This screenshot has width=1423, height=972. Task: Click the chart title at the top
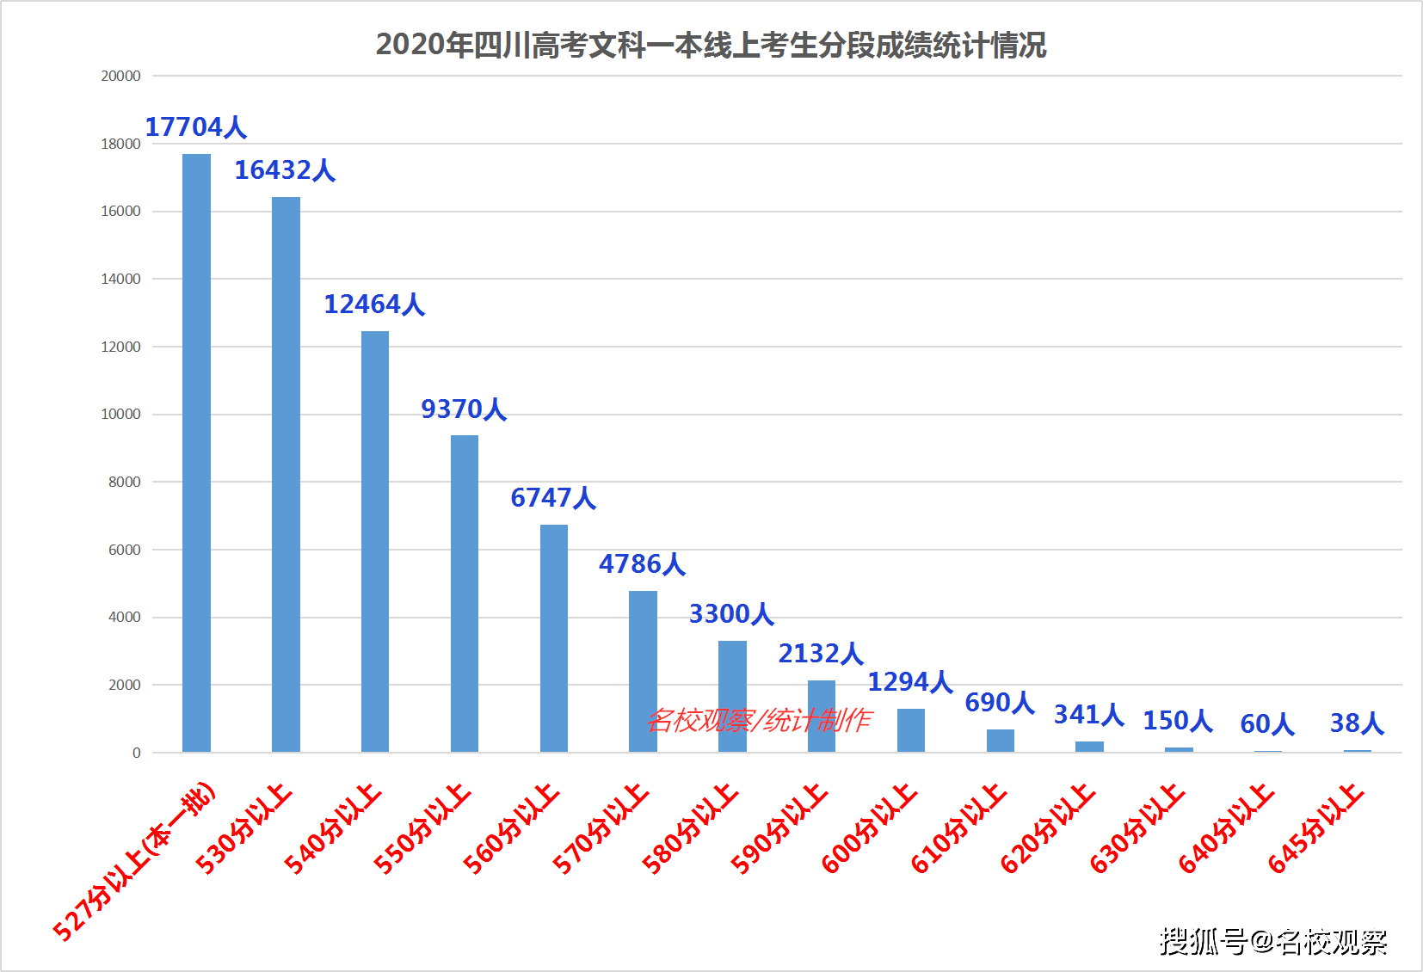pyautogui.click(x=711, y=45)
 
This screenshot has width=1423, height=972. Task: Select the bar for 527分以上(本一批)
pyautogui.click(x=196, y=453)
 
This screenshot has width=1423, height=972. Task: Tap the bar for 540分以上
pyautogui.click(x=375, y=542)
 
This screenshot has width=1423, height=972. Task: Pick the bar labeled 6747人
pyautogui.click(x=554, y=638)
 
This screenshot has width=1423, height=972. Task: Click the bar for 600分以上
pyautogui.click(x=911, y=730)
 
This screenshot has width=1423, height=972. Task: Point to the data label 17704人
pyautogui.click(x=196, y=127)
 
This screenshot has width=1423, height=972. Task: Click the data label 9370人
pyautogui.click(x=464, y=409)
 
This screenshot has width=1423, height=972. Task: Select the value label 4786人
pyautogui.click(x=643, y=564)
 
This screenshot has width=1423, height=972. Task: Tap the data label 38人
pyautogui.click(x=1357, y=723)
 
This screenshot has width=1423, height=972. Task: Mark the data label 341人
pyautogui.click(x=1089, y=715)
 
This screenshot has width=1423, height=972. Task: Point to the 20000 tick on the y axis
pyautogui.click(x=121, y=76)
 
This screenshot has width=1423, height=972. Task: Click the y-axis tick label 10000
pyautogui.click(x=121, y=414)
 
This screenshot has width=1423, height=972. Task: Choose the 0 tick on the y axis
pyautogui.click(x=137, y=753)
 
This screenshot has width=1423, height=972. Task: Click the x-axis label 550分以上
pyautogui.click(x=422, y=829)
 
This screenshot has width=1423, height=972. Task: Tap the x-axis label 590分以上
pyautogui.click(x=779, y=829)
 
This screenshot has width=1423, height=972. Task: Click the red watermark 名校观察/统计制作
pyautogui.click(x=759, y=721)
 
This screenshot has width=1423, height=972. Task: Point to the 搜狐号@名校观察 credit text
pyautogui.click(x=1273, y=942)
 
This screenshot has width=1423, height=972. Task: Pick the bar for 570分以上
pyautogui.click(x=643, y=671)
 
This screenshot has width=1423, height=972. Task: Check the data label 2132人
pyautogui.click(x=821, y=654)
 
